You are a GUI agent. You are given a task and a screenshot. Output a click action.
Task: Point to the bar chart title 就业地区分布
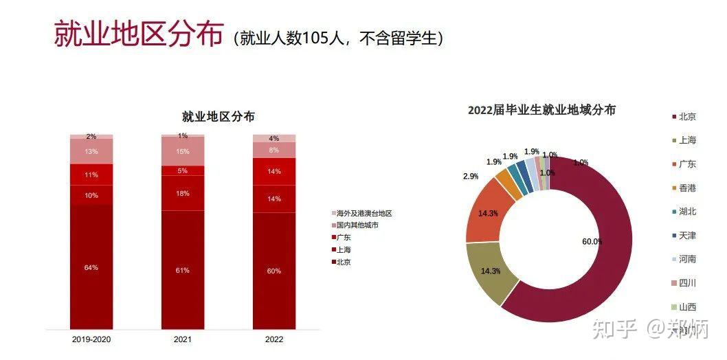(218, 117)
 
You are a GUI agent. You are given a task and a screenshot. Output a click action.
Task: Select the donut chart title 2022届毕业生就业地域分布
(541, 110)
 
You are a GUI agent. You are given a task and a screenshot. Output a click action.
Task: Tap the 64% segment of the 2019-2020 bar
(91, 267)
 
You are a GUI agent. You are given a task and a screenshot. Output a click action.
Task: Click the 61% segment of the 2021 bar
(182, 270)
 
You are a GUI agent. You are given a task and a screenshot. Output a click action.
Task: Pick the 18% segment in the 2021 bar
(182, 193)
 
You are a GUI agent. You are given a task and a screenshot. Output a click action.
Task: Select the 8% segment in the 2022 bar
(273, 150)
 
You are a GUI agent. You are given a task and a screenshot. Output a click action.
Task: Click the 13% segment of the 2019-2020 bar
(91, 151)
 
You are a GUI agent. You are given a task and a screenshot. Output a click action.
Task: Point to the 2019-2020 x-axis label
(91, 339)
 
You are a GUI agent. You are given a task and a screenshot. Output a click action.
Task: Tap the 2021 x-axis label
(182, 339)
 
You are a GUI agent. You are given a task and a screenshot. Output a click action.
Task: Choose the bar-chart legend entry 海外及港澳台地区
(364, 214)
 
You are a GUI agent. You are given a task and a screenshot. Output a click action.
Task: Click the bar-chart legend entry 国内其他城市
(358, 225)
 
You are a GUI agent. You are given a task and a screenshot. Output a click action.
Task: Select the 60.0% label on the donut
(592, 242)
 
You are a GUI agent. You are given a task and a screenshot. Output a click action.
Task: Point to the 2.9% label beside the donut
(471, 177)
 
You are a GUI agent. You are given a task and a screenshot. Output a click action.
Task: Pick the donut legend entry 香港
(686, 188)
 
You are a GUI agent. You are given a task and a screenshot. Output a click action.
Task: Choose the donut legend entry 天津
(686, 236)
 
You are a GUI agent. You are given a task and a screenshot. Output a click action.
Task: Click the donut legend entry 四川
(686, 283)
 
